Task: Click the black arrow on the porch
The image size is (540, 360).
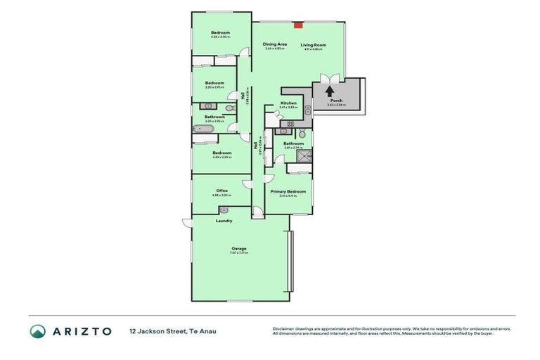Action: click(329, 90)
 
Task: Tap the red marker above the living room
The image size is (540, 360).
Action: click(298, 25)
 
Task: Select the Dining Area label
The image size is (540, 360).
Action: click(275, 44)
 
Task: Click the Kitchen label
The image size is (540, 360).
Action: click(288, 103)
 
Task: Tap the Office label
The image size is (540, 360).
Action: click(222, 191)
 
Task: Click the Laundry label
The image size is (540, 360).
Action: click(224, 221)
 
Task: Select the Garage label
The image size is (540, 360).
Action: click(240, 247)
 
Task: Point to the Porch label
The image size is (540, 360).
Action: click(336, 101)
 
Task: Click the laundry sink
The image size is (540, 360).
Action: click(224, 210)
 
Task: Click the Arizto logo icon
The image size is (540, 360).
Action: click(38, 331)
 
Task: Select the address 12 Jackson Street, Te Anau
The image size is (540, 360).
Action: click(173, 331)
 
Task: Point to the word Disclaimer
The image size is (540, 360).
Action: click(283, 329)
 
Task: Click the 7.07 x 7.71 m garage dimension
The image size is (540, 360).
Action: click(240, 252)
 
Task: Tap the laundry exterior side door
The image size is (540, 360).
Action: click(187, 223)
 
